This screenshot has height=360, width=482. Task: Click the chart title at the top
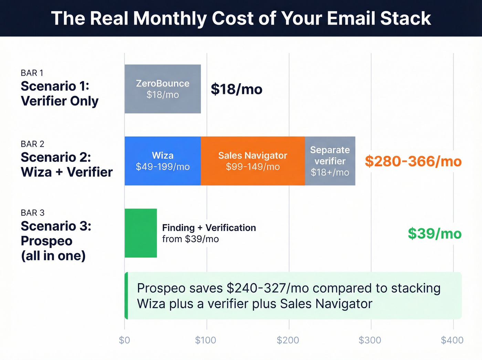[x=241, y=18]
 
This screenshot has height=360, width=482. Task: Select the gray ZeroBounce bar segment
[x=163, y=89]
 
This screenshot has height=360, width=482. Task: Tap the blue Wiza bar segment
[x=163, y=161]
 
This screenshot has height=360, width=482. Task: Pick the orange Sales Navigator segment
[x=253, y=161]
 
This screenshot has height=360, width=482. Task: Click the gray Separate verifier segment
[x=330, y=161]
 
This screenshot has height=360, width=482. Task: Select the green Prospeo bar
[x=140, y=233]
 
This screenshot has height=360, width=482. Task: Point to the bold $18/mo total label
[x=237, y=89]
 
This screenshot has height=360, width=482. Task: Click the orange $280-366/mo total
[x=413, y=161]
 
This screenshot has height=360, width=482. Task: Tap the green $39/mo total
[x=434, y=234]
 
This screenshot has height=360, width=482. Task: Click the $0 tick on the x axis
[x=124, y=340]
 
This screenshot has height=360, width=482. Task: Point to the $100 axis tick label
[x=206, y=340]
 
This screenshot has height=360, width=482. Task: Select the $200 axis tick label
[x=288, y=340]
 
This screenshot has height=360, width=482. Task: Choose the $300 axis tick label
[x=370, y=340]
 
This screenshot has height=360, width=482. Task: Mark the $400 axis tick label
[x=452, y=340]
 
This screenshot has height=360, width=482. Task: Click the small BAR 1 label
[x=32, y=73]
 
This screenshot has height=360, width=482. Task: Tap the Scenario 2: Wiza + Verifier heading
[x=67, y=165]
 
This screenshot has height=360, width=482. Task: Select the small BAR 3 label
[x=33, y=213]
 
